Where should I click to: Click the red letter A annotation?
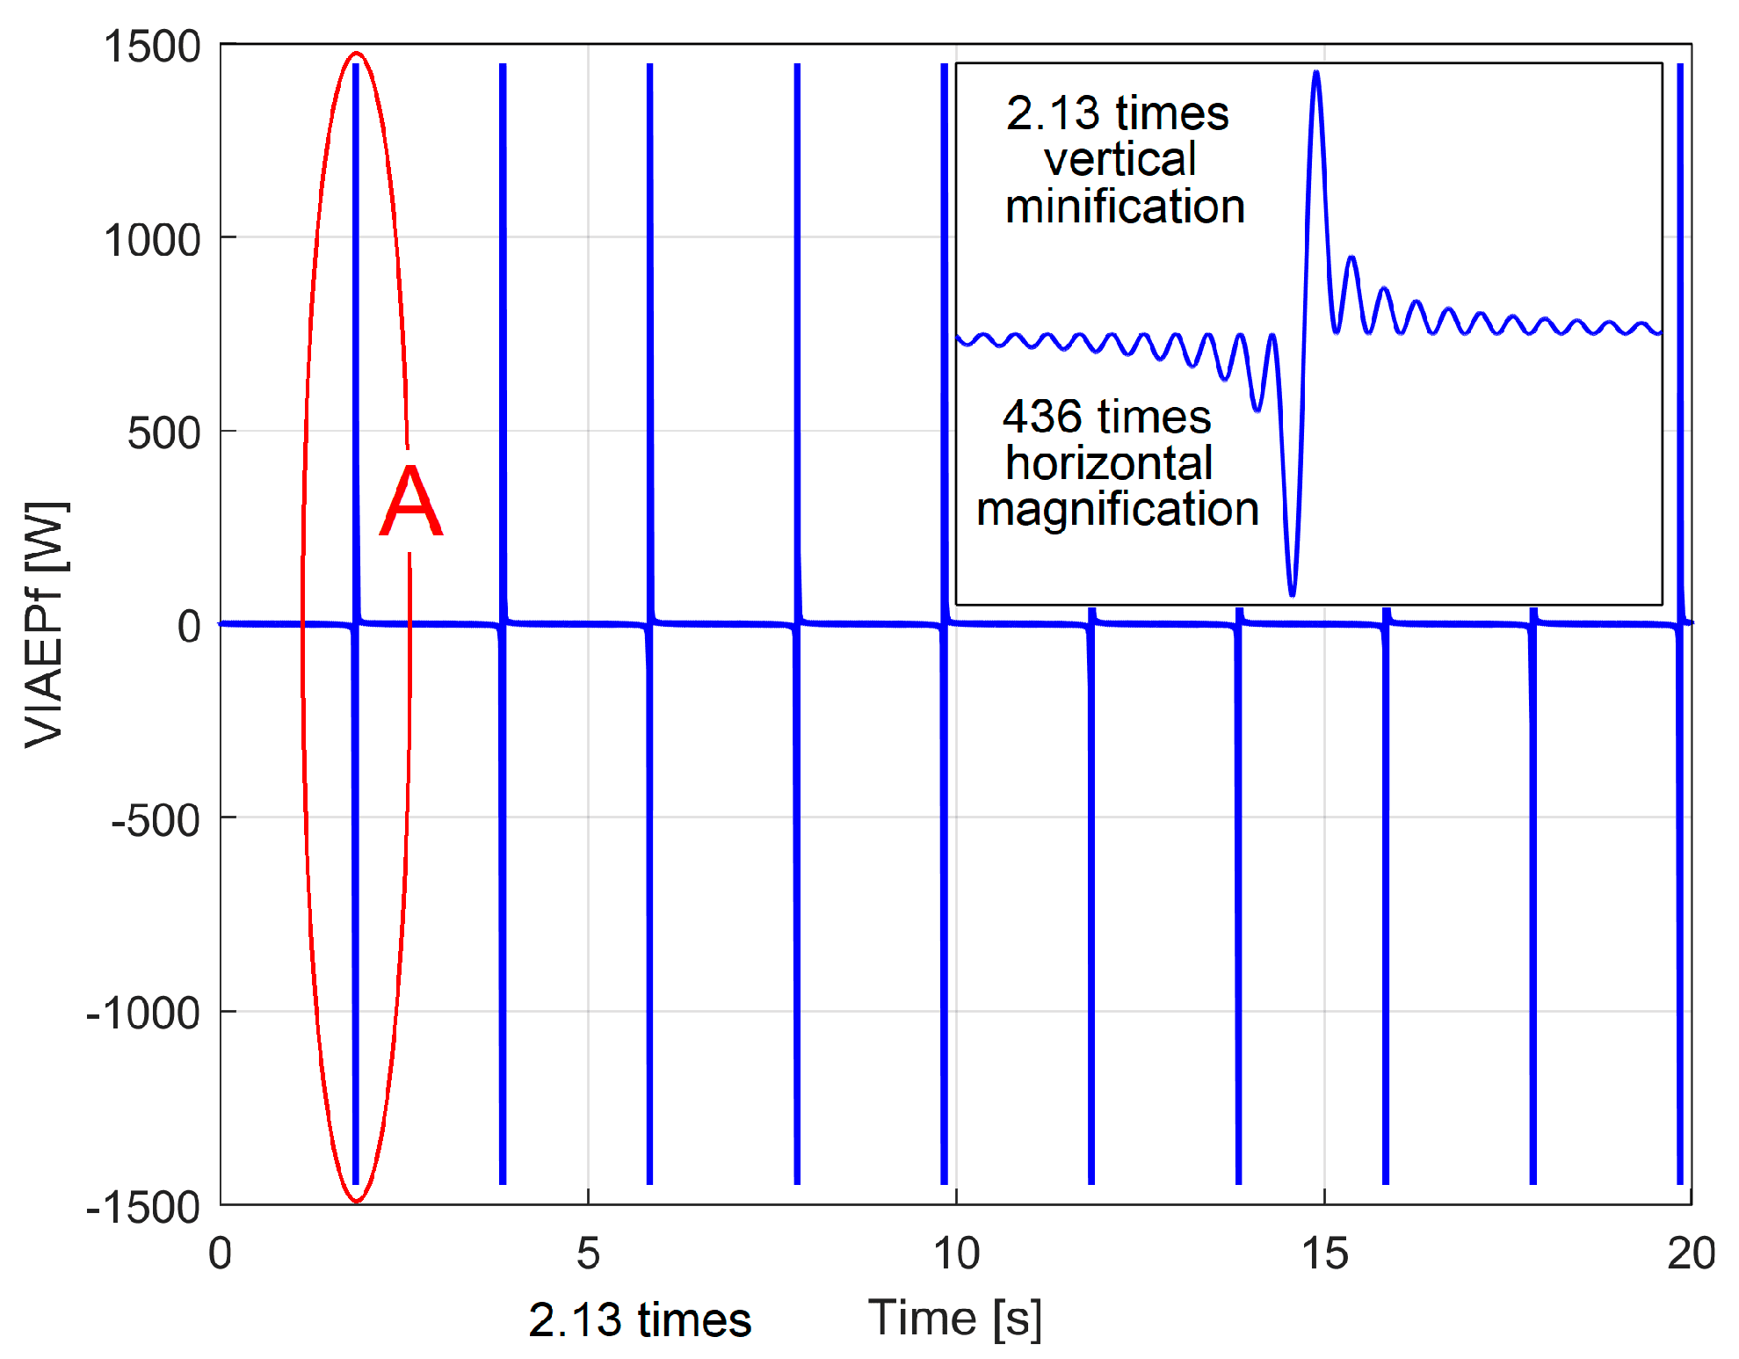coord(411,502)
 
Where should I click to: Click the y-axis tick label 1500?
coord(153,47)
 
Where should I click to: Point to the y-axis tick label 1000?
coord(153,240)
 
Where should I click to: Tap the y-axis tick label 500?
coord(164,433)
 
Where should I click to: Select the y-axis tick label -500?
coord(156,821)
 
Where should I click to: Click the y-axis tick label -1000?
coord(143,1014)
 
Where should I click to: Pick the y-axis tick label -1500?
coord(143,1208)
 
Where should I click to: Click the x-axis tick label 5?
coord(588,1254)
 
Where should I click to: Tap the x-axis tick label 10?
coord(956,1254)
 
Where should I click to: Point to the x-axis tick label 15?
coord(1324,1254)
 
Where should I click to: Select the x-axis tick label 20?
coord(1691,1254)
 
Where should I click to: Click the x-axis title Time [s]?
coord(955,1319)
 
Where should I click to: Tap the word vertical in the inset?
coord(1119,160)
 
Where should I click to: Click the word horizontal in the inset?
coord(1109,463)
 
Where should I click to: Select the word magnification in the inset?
coord(1118,510)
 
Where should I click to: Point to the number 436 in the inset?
coord(1042,417)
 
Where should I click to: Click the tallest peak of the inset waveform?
coord(1315,74)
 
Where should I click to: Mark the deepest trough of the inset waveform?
coord(1292,594)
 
